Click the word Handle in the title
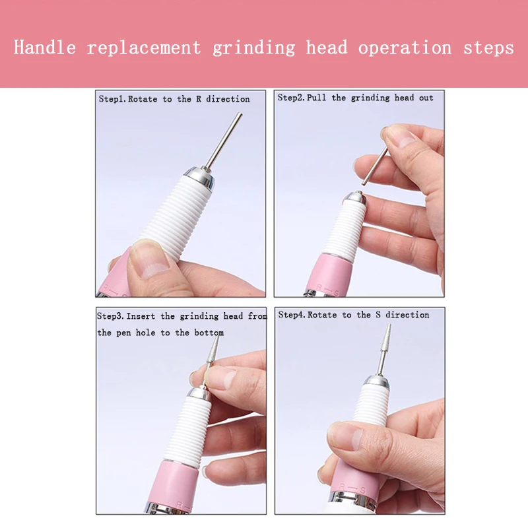[45, 47]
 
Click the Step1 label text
[112, 99]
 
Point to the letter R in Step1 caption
[199, 98]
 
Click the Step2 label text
[291, 98]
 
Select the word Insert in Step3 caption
[141, 316]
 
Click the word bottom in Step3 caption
[209, 333]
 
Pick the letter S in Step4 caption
[378, 315]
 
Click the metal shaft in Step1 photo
[224, 141]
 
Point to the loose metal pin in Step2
[374, 166]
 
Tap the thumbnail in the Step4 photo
[344, 436]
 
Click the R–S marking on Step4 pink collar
[352, 488]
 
